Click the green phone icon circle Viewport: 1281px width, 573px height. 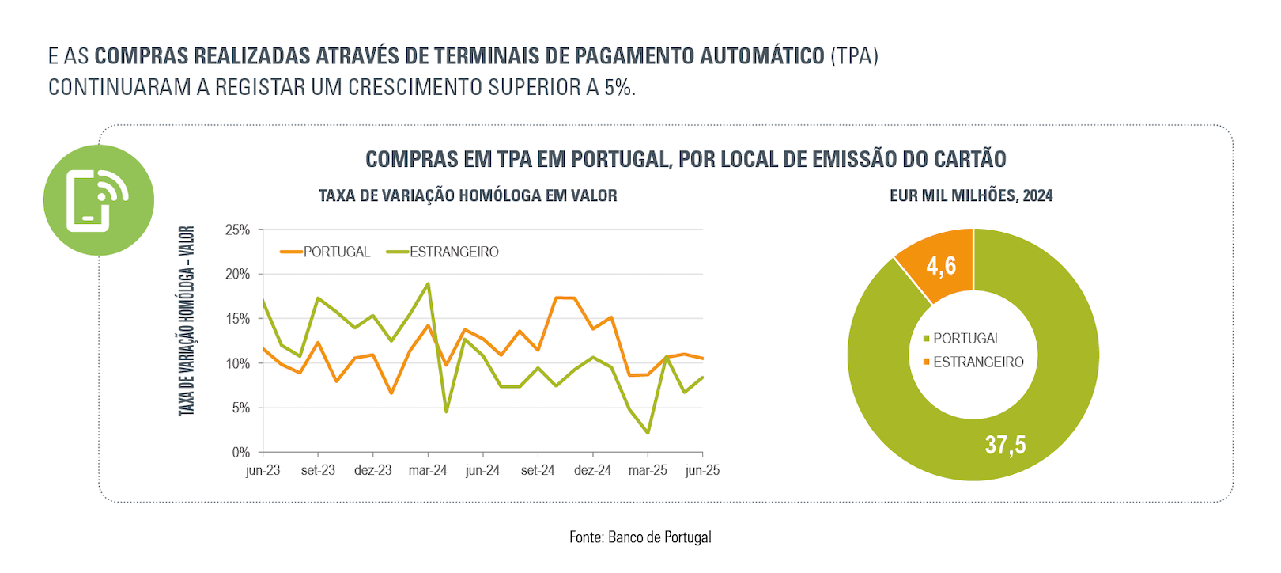98,200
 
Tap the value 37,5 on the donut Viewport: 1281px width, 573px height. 1005,445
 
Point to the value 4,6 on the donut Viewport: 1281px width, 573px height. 941,266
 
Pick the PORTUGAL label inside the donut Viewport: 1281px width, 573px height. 966,339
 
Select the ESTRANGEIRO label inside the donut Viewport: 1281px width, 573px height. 978,362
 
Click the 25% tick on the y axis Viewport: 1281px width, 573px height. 237,230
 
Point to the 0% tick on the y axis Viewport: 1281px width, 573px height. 240,453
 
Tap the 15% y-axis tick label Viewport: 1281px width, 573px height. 237,319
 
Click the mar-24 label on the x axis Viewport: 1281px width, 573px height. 428,470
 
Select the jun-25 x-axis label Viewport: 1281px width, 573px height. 702,470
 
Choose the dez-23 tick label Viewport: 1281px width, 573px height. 372,470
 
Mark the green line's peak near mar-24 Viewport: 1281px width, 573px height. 428,283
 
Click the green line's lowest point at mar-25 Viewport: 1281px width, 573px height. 648,433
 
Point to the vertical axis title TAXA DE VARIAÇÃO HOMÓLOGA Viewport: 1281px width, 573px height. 187,321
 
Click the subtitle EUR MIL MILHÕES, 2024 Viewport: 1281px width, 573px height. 971,195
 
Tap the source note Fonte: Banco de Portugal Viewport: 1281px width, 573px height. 640,537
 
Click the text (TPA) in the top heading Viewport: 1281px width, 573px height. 854,56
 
